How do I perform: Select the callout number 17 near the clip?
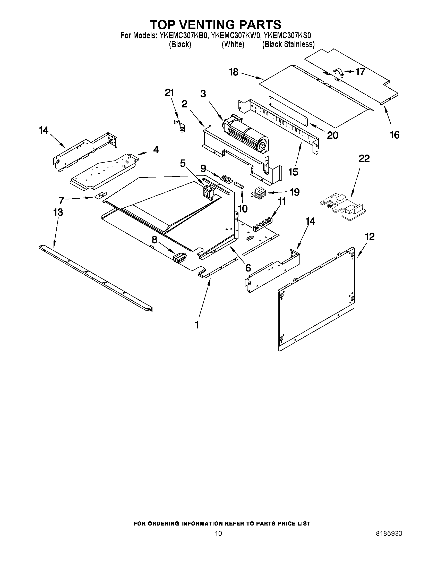[x=360, y=72]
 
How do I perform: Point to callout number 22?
[x=364, y=158]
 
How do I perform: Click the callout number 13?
[x=58, y=212]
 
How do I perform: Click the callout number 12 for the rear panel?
[x=370, y=236]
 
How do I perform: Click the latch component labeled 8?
[x=180, y=258]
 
